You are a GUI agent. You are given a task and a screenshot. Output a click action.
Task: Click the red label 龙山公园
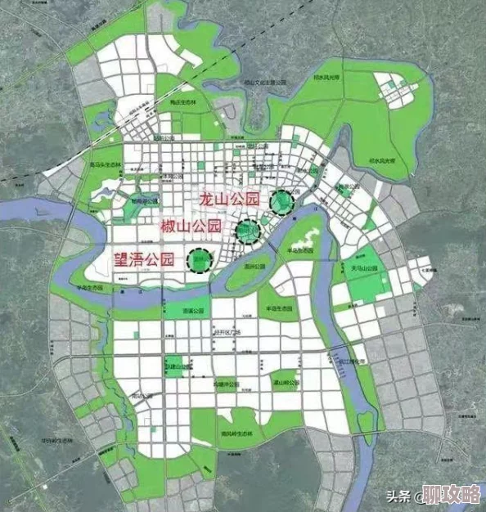(x=230, y=199)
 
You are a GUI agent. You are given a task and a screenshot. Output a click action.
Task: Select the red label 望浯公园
(x=145, y=261)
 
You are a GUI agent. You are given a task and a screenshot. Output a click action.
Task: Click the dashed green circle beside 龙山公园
(x=282, y=201)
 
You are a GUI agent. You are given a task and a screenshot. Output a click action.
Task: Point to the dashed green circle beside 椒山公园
(x=248, y=232)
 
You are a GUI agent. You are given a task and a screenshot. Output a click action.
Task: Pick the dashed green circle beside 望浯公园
(x=199, y=260)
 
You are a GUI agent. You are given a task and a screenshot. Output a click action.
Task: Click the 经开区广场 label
(x=226, y=332)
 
